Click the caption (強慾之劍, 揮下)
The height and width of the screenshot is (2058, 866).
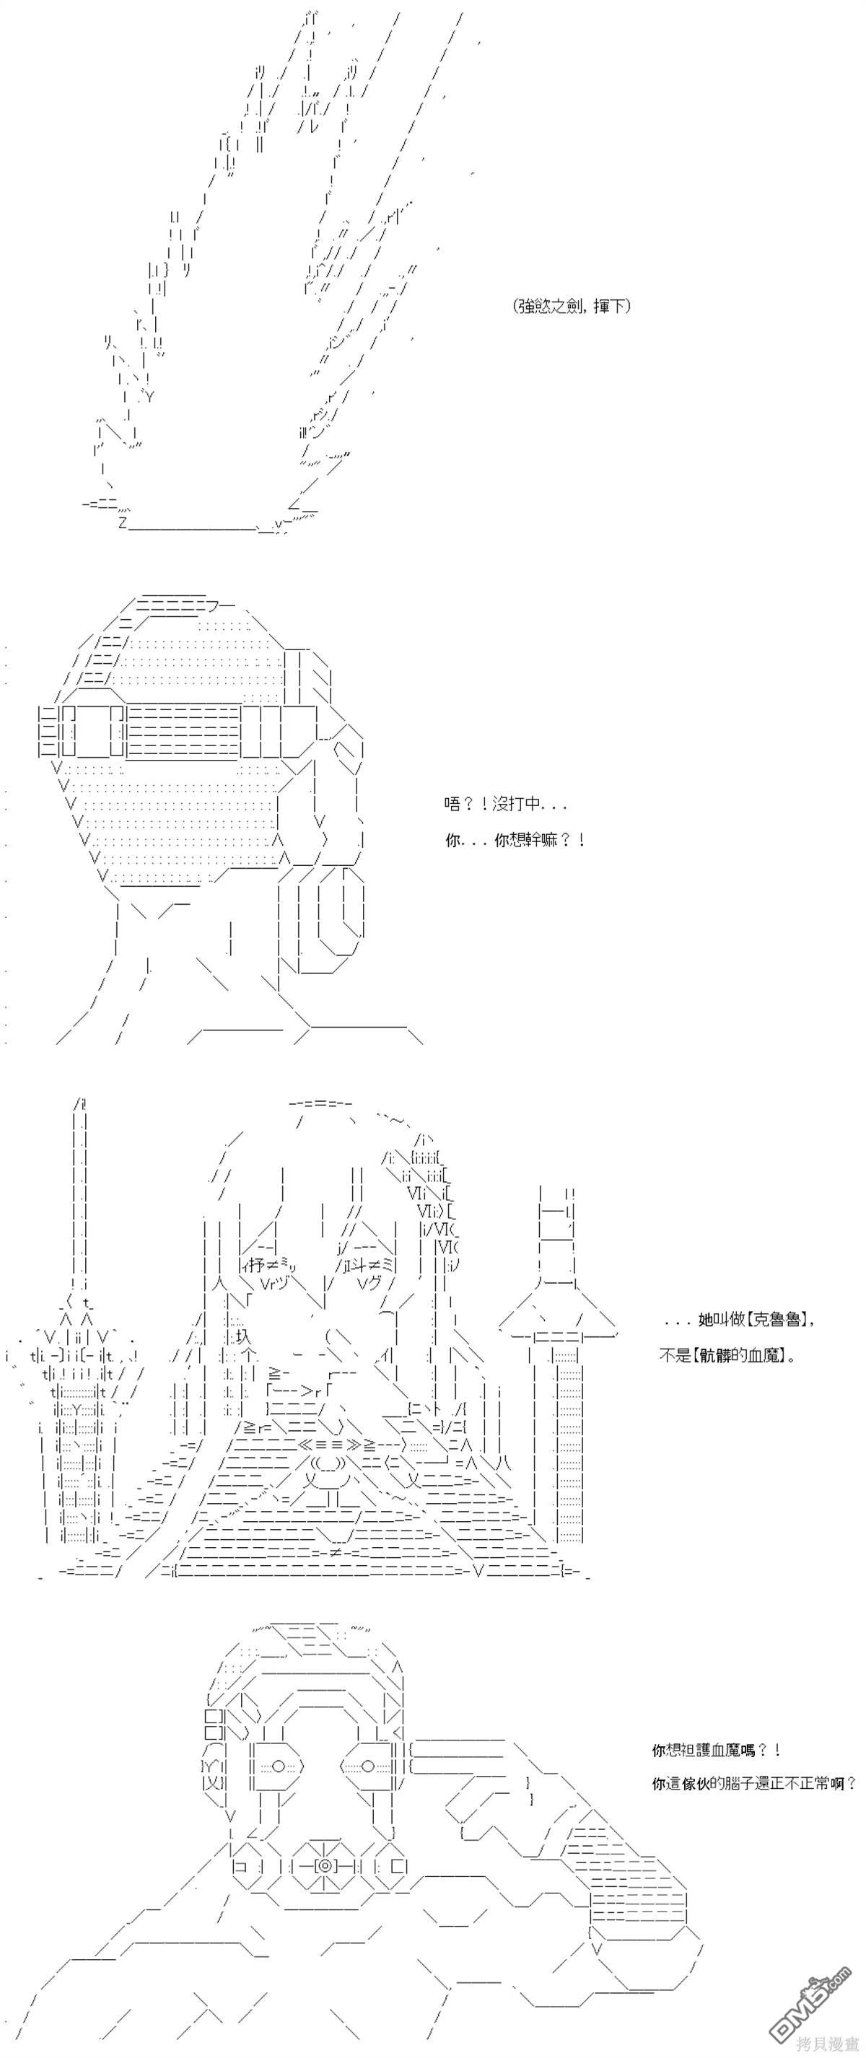click(x=572, y=306)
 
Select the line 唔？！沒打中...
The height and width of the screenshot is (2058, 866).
click(x=506, y=805)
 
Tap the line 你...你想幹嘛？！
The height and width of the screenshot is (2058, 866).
click(x=515, y=841)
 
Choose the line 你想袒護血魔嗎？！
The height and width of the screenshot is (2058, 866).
click(x=715, y=1751)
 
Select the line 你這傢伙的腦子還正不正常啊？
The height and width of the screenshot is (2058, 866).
click(x=754, y=1783)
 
